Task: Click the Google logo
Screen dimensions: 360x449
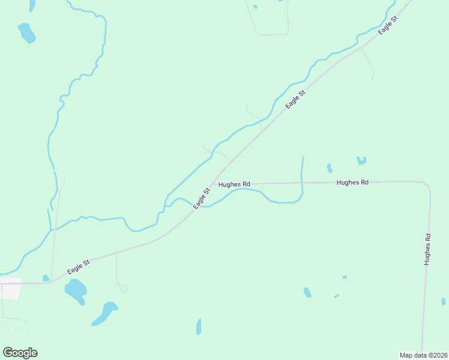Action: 20,353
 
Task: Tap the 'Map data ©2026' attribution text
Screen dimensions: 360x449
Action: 423,355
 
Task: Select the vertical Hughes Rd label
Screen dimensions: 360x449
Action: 427,250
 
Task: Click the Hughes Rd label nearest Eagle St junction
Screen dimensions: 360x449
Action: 234,184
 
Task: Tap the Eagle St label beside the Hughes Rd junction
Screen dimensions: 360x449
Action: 202,199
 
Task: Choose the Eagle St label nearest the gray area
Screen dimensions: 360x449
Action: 79,267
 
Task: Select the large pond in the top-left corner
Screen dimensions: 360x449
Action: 26,32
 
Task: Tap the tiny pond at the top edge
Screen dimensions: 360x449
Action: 255,7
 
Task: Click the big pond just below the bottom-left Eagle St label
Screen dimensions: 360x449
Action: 76,291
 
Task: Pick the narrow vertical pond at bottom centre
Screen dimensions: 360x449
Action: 199,326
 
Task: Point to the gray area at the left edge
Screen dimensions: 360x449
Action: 11,289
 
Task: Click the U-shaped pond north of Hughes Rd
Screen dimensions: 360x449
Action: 361,161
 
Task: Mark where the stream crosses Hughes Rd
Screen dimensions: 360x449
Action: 302,182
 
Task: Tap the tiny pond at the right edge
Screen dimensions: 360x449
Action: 444,301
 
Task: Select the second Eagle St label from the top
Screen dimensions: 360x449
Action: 296,100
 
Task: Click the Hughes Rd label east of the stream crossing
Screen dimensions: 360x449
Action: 352,182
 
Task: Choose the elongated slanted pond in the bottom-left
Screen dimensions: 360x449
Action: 104,313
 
